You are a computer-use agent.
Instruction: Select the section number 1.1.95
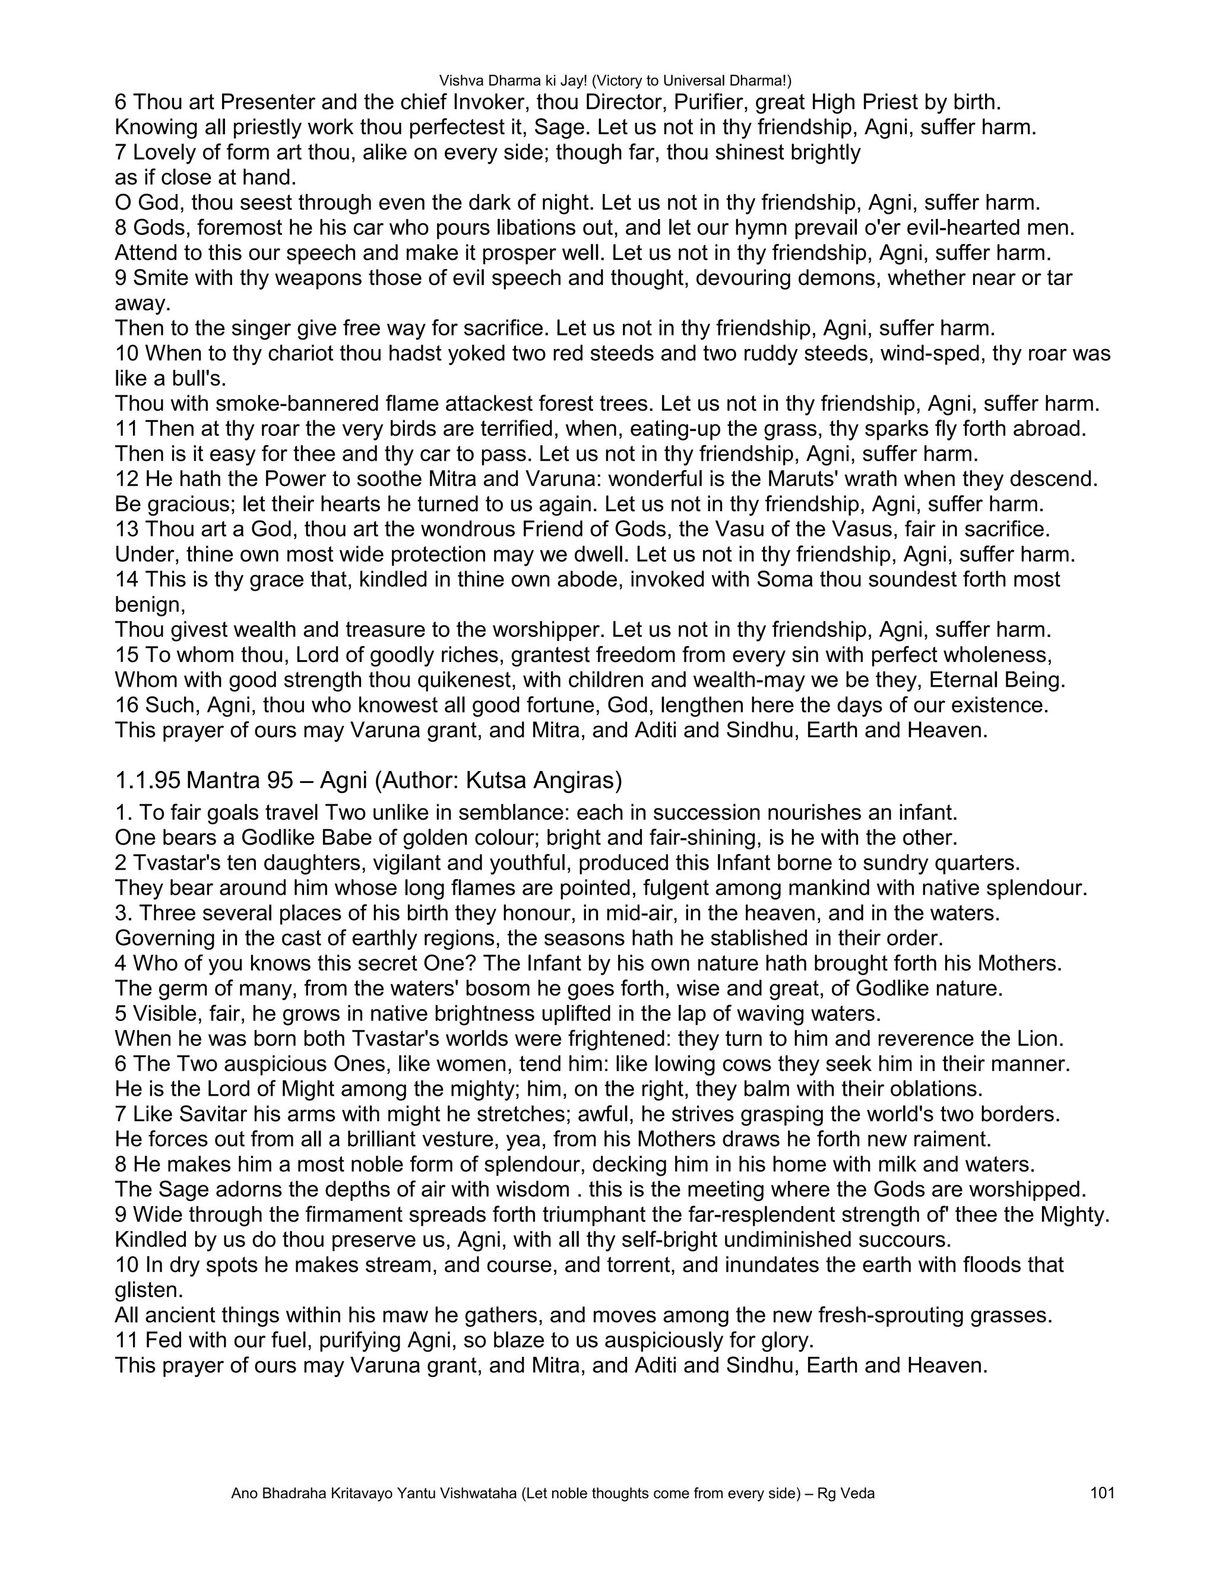click(146, 780)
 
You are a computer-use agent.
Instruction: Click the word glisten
click(148, 1290)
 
